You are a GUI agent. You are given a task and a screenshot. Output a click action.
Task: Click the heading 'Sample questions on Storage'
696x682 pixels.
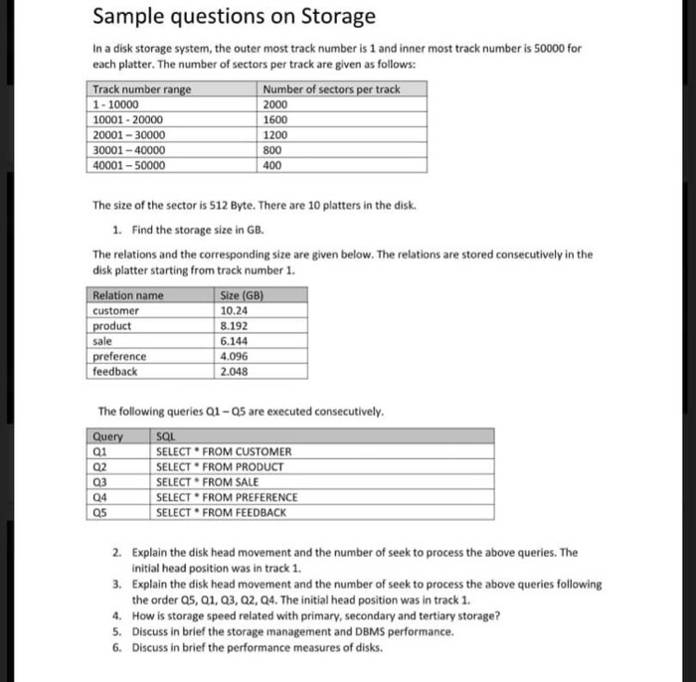pos(234,17)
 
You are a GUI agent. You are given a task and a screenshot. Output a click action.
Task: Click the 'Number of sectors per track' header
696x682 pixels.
pos(331,89)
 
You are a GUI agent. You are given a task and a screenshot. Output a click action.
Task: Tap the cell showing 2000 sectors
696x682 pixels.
pos(275,104)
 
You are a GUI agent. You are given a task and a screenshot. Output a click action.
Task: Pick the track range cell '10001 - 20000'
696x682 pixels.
pos(128,119)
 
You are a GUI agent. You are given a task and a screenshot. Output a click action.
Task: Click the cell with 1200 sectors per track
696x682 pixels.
pos(275,135)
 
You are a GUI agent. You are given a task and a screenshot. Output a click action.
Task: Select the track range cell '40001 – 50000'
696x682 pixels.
pos(128,166)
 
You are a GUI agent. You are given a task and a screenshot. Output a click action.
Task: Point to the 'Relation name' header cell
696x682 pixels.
pos(127,295)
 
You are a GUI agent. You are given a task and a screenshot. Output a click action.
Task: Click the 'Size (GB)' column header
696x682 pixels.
pos(238,295)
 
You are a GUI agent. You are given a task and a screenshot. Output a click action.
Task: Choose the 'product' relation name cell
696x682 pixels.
pos(111,325)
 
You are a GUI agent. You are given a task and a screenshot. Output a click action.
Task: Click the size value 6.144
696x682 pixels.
pos(232,340)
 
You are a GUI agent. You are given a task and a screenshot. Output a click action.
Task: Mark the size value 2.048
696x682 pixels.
pos(232,371)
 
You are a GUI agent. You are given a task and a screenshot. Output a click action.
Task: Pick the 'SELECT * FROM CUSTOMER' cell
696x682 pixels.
pos(224,451)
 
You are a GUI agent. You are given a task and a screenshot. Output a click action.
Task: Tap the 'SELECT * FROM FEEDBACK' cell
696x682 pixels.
pos(222,513)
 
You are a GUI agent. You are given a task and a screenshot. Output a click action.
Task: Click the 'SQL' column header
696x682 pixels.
pos(166,436)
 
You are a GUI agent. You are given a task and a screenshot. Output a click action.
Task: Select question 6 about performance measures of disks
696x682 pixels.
pos(257,648)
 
